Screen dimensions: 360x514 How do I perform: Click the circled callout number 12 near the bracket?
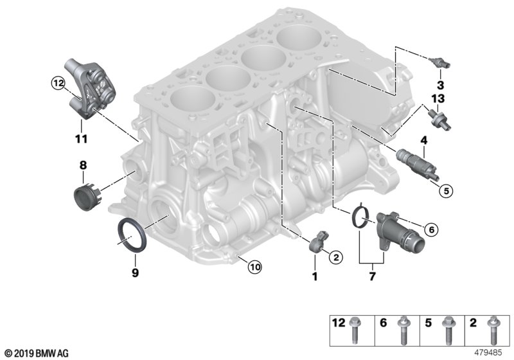(x=58, y=82)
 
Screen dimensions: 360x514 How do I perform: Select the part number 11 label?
(x=80, y=138)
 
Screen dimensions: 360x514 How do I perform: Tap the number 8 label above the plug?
(x=82, y=165)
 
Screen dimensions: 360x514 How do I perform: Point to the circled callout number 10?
(x=255, y=267)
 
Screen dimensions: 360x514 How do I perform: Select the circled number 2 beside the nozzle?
(x=335, y=257)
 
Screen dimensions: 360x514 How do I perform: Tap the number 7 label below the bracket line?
(x=373, y=277)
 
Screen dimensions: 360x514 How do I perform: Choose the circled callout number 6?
(x=431, y=228)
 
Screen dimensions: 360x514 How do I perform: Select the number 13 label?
(x=438, y=98)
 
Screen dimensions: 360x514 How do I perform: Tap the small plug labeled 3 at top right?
(x=439, y=63)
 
